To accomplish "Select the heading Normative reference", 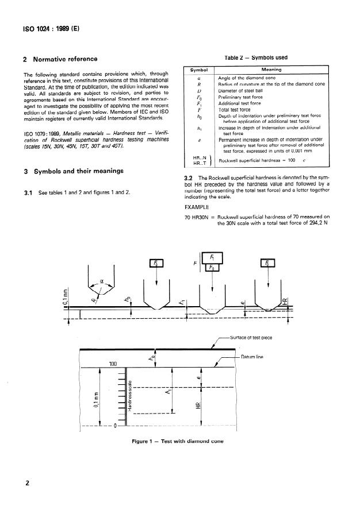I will [65, 59].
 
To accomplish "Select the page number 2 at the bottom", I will [26, 483].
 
